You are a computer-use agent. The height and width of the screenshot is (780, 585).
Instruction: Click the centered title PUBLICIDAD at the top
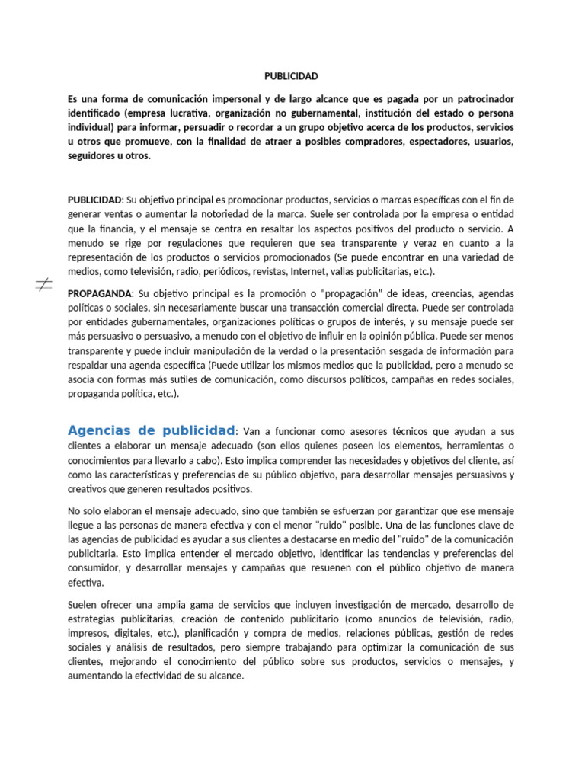[291, 76]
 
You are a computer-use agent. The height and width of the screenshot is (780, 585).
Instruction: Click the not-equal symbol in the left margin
[43, 285]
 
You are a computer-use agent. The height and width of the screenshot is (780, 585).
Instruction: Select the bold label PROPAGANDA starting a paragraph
[99, 293]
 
